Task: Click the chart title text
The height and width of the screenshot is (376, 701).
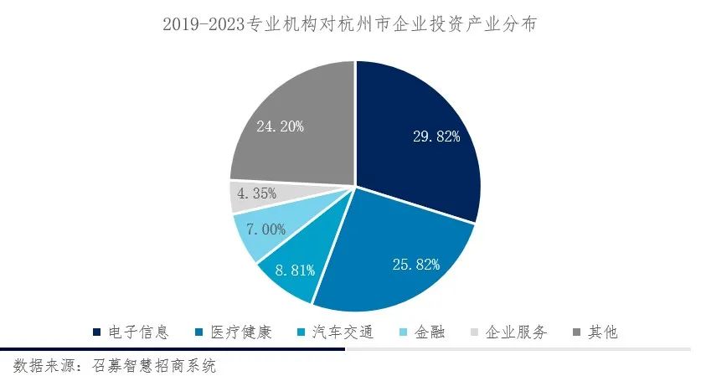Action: pyautogui.click(x=349, y=25)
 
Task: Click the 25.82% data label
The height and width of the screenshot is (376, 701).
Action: pyautogui.click(x=416, y=265)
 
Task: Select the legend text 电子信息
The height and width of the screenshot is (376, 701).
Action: pyautogui.click(x=139, y=332)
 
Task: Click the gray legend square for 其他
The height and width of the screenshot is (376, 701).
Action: pyautogui.click(x=575, y=332)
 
